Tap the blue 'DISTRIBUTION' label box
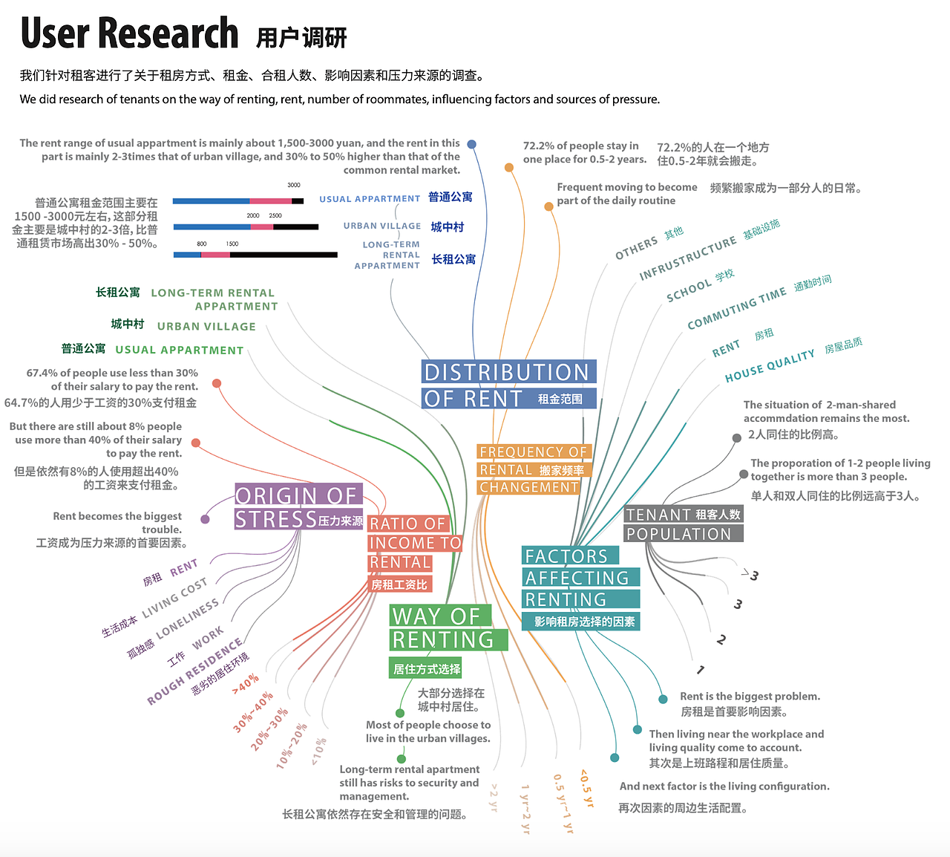508,371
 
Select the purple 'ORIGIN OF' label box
299,494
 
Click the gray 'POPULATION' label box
684,533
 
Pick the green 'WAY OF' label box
440,615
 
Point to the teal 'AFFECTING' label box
580,577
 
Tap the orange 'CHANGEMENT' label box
528,487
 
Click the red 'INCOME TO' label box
415,542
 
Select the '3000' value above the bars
294,185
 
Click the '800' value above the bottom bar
202,244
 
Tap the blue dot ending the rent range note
472,144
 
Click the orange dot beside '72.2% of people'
509,167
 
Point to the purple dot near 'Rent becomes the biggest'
205,520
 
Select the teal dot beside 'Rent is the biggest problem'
663,699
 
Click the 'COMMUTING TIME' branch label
736,308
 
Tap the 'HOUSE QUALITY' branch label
770,365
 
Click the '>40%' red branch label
246,683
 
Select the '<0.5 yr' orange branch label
587,788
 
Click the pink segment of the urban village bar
262,227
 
